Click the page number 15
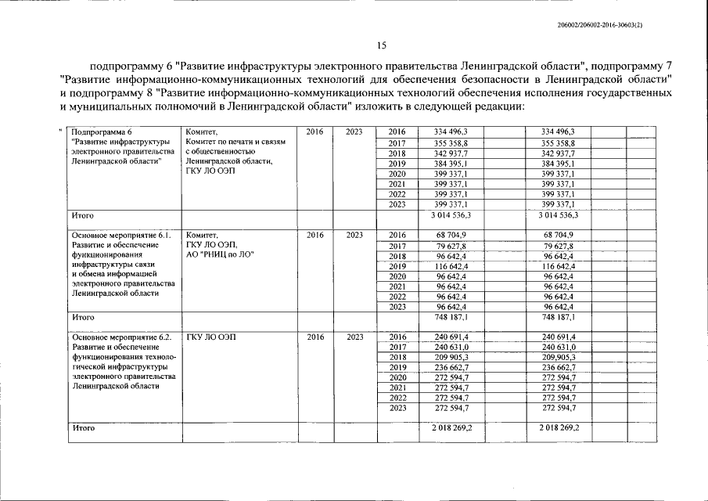pos(382,46)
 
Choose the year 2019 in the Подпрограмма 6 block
pos(397,163)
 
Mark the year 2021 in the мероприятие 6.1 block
pos(397,287)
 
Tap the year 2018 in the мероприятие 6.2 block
pos(397,357)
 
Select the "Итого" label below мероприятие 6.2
pos(83,428)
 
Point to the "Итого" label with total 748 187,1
pos(83,317)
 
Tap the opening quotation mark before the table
pos(60,131)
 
